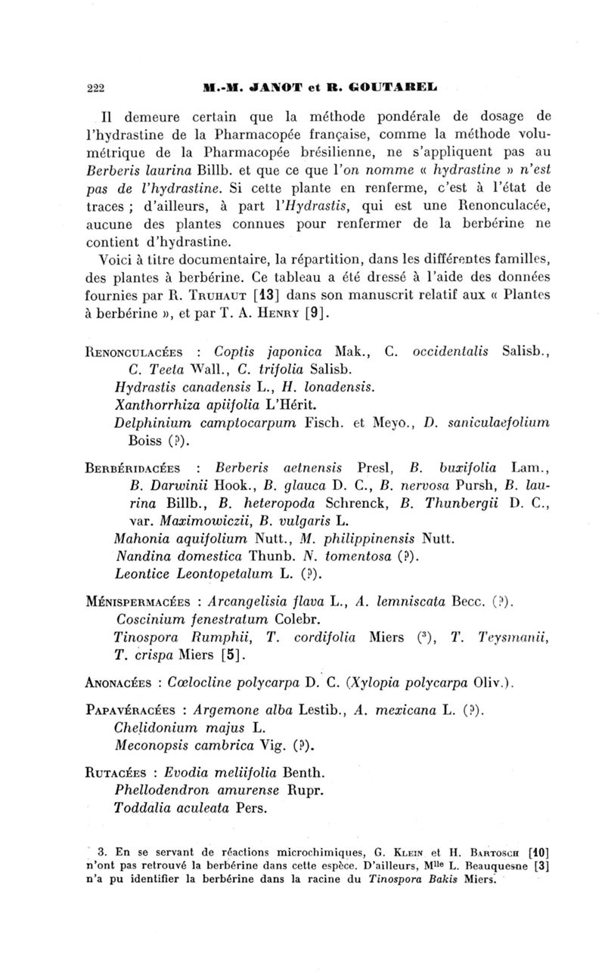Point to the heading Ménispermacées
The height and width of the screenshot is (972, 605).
[143, 579]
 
